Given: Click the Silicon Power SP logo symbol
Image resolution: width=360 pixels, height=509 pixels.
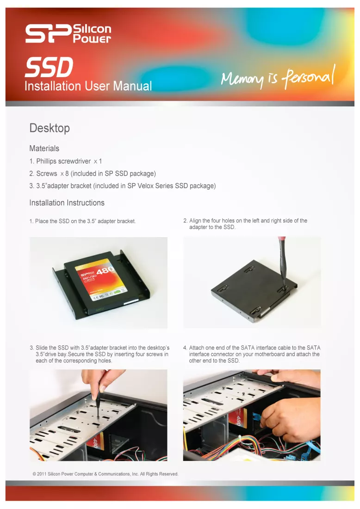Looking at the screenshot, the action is (x=48, y=34).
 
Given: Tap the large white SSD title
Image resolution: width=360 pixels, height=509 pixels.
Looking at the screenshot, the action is (x=49, y=67).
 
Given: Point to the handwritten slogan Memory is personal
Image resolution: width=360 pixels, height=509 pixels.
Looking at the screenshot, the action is (x=278, y=77).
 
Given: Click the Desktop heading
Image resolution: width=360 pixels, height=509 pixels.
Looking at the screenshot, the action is (x=50, y=128).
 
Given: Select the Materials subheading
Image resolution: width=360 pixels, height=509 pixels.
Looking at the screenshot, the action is (x=44, y=148).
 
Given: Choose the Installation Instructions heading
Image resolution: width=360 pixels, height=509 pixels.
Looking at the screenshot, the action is (x=67, y=202).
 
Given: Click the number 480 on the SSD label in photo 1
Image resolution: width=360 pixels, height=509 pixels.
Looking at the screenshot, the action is (x=106, y=270).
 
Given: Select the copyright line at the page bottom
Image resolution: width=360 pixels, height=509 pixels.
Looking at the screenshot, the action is (x=106, y=474).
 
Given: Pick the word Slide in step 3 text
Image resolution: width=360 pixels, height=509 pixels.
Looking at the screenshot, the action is (x=42, y=348).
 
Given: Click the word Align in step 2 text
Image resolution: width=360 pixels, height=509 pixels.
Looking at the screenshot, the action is (x=195, y=221).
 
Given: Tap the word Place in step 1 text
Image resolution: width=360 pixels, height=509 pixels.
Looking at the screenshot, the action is (x=42, y=221).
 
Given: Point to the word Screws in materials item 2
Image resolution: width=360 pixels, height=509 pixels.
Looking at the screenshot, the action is (x=46, y=174).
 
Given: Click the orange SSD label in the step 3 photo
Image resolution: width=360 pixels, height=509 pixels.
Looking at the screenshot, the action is (x=97, y=441).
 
